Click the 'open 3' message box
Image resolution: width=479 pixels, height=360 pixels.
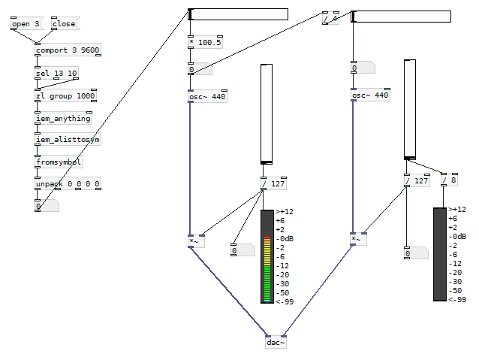[x=25, y=24]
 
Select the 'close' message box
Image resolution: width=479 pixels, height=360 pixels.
[x=64, y=24]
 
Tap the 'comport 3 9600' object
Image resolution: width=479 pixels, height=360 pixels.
[x=68, y=50]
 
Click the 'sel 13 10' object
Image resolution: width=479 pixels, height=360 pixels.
[x=56, y=73]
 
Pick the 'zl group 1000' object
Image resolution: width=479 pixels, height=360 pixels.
[x=65, y=96]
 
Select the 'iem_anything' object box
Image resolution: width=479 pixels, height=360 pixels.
[x=63, y=119]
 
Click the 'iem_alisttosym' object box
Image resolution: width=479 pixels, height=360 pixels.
[x=68, y=140]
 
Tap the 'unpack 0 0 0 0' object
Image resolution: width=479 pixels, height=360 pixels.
[x=68, y=184]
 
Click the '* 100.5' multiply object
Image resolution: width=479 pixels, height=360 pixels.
[x=205, y=43]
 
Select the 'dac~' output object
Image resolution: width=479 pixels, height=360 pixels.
[x=276, y=343]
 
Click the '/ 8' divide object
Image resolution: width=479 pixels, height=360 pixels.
[x=449, y=180]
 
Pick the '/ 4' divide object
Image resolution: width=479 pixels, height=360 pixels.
[x=330, y=18]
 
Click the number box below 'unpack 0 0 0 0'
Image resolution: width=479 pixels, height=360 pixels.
[x=46, y=206]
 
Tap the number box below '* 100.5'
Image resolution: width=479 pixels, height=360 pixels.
[x=200, y=70]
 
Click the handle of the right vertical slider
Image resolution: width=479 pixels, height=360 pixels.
[x=409, y=158]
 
